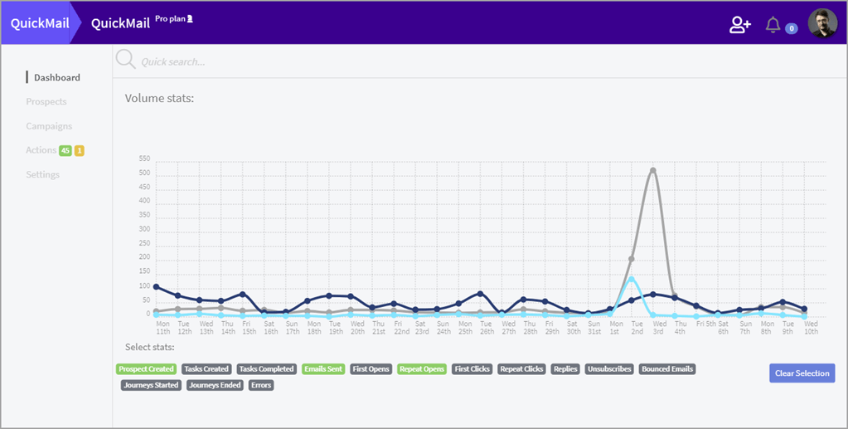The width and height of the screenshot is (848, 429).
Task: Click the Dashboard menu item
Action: pos(56,77)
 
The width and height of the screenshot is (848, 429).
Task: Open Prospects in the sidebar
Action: pos(46,101)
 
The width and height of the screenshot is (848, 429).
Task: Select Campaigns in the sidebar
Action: pos(49,126)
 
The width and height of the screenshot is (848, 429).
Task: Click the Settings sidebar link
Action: pos(43,174)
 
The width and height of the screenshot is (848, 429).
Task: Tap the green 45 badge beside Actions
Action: pos(65,150)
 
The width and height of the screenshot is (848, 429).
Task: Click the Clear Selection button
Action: pos(802,373)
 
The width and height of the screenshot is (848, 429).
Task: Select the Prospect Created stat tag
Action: pos(146,369)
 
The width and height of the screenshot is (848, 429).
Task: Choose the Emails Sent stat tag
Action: pos(323,369)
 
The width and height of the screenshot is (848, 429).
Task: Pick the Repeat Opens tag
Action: pos(422,369)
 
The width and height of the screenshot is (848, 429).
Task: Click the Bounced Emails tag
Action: pos(667,369)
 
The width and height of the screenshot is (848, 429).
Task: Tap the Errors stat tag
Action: pos(260,385)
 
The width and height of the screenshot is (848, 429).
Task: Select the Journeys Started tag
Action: pos(151,385)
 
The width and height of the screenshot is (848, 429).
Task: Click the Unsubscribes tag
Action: pos(609,369)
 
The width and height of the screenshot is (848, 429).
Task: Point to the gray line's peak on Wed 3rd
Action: pos(653,170)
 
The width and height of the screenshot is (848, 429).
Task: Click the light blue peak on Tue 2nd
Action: pos(632,279)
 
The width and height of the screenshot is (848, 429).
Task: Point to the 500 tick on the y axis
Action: pos(144,173)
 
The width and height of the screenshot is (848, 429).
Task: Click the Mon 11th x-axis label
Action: pos(163,328)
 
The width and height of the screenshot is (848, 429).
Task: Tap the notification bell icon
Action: pos(773,25)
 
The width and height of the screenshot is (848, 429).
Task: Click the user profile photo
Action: pos(822,23)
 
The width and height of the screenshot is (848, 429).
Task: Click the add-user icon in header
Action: pos(739,25)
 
